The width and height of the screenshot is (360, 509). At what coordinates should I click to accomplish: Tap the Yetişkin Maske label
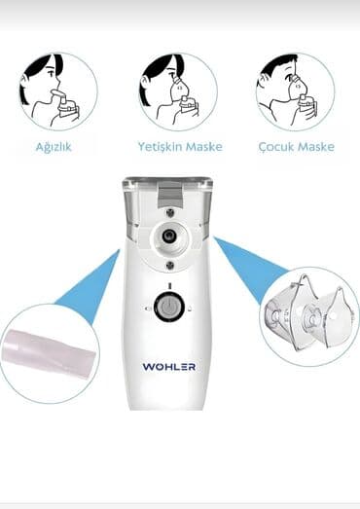[x=179, y=147]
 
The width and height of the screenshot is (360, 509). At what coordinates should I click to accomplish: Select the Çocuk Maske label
[x=297, y=147]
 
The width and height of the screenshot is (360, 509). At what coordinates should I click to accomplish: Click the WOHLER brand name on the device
[x=168, y=367]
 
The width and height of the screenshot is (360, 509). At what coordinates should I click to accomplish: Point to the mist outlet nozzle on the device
[x=169, y=236]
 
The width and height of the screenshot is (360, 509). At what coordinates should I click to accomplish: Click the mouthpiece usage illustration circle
[x=57, y=91]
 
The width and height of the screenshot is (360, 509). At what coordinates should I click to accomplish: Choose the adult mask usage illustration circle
[x=178, y=91]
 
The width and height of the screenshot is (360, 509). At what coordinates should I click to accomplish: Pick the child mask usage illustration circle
[x=296, y=91]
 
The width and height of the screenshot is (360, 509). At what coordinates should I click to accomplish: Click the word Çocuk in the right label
[x=277, y=147]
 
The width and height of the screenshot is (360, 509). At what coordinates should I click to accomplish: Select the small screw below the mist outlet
[x=169, y=263]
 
